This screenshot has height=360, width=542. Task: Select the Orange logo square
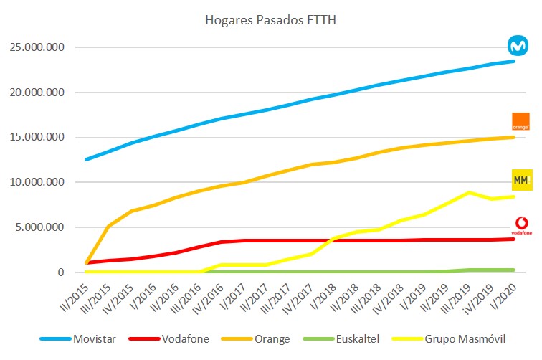click(520, 121)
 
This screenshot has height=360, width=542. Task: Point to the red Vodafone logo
click(520, 225)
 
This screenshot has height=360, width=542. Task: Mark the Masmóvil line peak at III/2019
click(468, 192)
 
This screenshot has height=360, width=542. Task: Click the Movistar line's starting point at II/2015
click(86, 159)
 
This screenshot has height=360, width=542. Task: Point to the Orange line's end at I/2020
click(513, 137)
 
